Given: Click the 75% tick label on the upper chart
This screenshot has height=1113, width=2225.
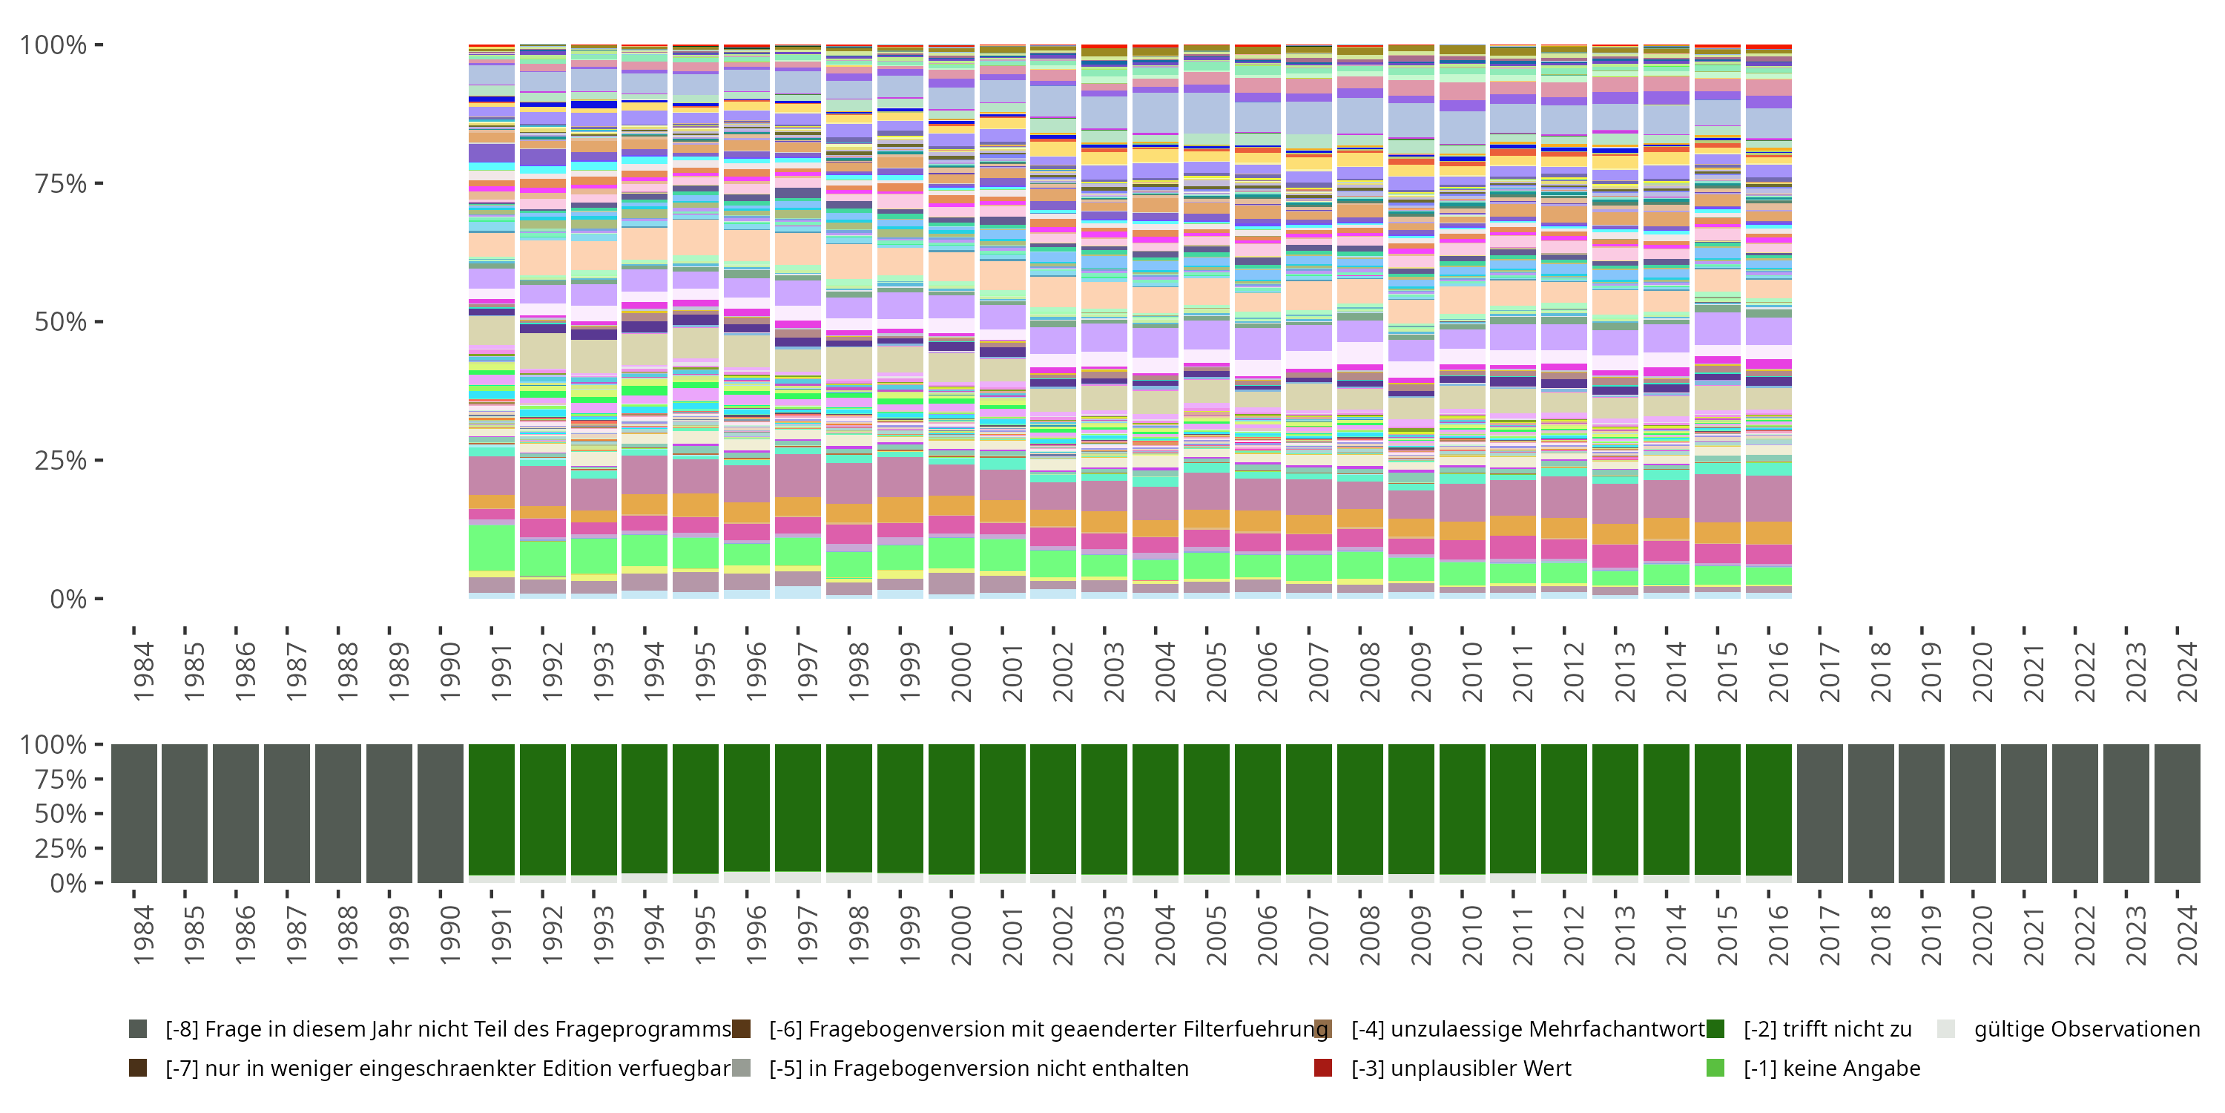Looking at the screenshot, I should [59, 184].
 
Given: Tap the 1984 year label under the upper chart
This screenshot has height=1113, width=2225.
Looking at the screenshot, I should [143, 672].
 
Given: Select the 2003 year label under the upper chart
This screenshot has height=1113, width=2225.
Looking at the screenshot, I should [1114, 672].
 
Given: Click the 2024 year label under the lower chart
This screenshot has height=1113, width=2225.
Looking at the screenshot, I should [2187, 935].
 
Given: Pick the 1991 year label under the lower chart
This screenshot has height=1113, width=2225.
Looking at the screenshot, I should [501, 935].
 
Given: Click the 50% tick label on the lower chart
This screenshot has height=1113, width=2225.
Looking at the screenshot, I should [53, 814].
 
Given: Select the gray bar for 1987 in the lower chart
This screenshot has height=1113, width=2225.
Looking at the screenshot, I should [287, 813].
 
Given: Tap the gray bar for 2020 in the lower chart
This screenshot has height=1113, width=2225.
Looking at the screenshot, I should [1973, 813].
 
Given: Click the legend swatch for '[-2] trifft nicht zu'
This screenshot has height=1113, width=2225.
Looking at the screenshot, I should [1715, 1029].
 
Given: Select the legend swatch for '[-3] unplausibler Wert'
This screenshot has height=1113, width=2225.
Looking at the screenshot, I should [1322, 1068].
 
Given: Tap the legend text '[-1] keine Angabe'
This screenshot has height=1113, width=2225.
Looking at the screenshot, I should [1832, 1068].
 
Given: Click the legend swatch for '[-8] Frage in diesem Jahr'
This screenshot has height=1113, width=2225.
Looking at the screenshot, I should [137, 1029].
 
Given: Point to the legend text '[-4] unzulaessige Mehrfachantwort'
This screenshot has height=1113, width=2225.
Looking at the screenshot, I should [1528, 1029].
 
